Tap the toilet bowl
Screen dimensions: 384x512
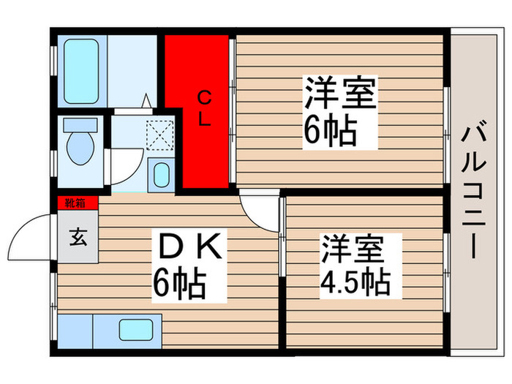coord(76,149)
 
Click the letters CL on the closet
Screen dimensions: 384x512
coord(205,108)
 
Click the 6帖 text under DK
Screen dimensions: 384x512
coord(179,280)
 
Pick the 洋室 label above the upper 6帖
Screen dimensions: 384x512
coord(340,95)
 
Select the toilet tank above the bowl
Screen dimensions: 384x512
coord(75,124)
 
